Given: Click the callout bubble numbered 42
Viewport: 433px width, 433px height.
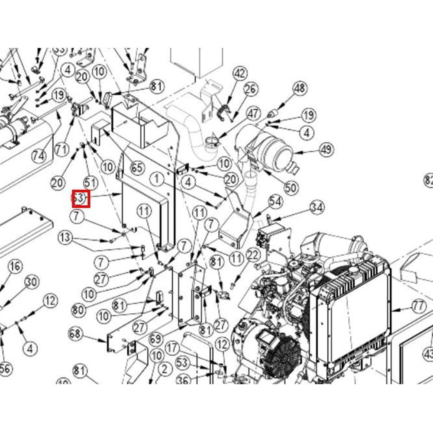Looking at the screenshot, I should [240, 73].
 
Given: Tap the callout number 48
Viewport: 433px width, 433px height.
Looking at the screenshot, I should [299, 88].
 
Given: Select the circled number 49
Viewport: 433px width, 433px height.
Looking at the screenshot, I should [326, 150].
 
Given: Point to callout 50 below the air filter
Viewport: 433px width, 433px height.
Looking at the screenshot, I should [291, 188].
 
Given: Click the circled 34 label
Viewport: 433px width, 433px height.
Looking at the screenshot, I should [317, 208].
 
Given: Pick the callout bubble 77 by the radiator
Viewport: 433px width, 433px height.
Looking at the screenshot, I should [418, 307].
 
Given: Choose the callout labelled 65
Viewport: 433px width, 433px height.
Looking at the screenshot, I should [137, 168].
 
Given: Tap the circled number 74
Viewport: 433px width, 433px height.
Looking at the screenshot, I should [39, 156].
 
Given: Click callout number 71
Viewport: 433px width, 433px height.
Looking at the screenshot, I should [62, 150].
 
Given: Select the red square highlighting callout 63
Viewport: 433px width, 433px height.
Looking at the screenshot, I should [81, 199].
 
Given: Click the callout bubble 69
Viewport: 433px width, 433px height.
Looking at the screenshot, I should [157, 339].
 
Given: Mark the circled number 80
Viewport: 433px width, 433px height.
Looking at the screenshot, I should [79, 310].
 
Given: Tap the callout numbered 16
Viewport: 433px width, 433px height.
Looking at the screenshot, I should [15, 266].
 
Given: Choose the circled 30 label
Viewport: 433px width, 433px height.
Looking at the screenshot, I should [31, 282].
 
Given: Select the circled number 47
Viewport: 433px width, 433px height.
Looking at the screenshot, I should [253, 114].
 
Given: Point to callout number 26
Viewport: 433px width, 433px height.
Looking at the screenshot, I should [250, 90].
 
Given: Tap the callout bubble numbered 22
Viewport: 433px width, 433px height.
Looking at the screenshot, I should [252, 255].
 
